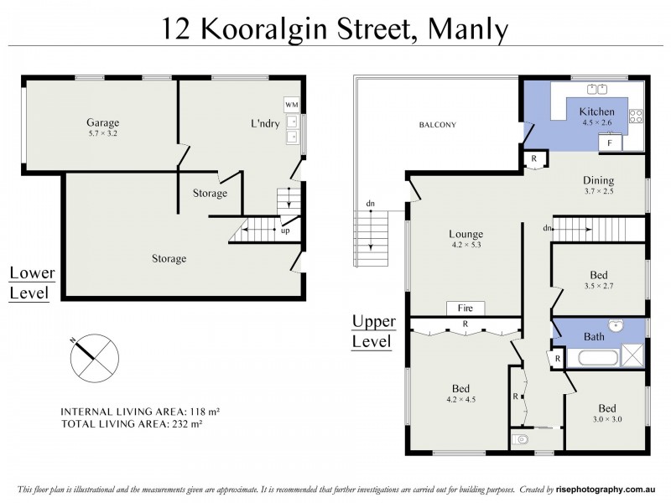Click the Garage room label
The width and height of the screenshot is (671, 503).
(x=101, y=122)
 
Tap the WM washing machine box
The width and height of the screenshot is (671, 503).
(x=292, y=104)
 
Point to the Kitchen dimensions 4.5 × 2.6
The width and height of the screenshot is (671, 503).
(x=598, y=122)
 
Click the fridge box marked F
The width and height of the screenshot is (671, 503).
(x=611, y=143)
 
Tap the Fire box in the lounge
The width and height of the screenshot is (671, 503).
(x=460, y=308)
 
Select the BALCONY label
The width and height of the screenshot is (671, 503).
(x=438, y=126)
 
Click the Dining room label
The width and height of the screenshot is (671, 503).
(x=599, y=179)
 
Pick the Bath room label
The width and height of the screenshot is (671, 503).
(x=594, y=336)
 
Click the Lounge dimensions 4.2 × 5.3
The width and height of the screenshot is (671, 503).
(x=466, y=246)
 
